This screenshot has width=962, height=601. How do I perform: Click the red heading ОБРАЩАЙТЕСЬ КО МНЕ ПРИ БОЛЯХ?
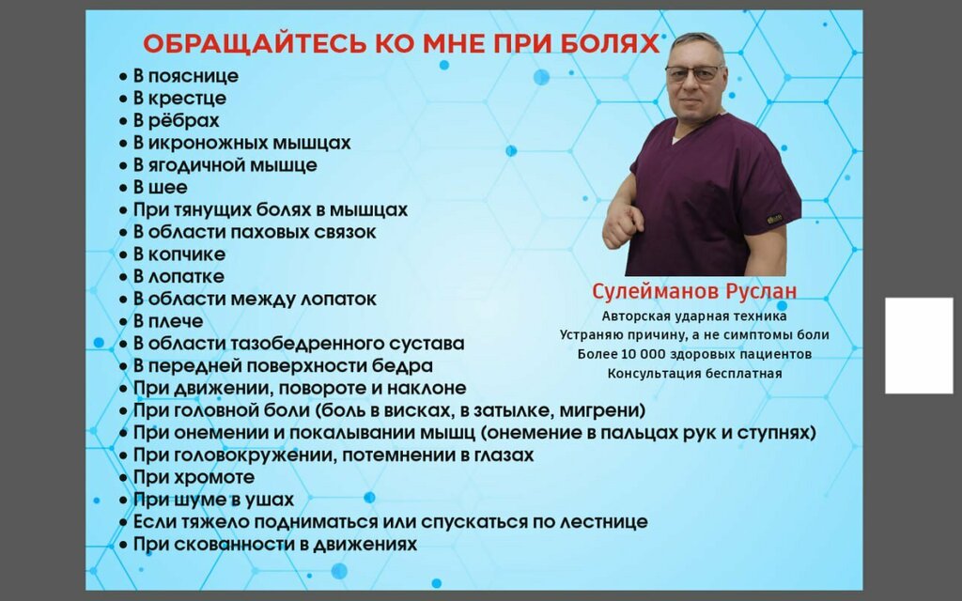tap(401, 45)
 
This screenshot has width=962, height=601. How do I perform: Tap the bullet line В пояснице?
tap(185, 76)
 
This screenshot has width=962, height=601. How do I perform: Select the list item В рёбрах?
tap(176, 120)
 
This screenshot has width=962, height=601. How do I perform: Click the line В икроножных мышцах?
tap(241, 143)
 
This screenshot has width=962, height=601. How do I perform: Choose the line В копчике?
tap(178, 254)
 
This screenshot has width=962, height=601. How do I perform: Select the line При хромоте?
tap(194, 477)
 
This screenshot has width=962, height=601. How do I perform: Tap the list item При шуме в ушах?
tap(213, 500)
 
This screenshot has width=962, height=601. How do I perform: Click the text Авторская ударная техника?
tap(694, 316)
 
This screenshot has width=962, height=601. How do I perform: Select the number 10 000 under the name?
tap(644, 354)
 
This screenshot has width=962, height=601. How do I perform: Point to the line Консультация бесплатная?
tap(694, 373)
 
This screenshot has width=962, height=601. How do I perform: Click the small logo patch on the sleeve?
tap(775, 220)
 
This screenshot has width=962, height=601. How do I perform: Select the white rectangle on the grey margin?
tap(919, 346)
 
